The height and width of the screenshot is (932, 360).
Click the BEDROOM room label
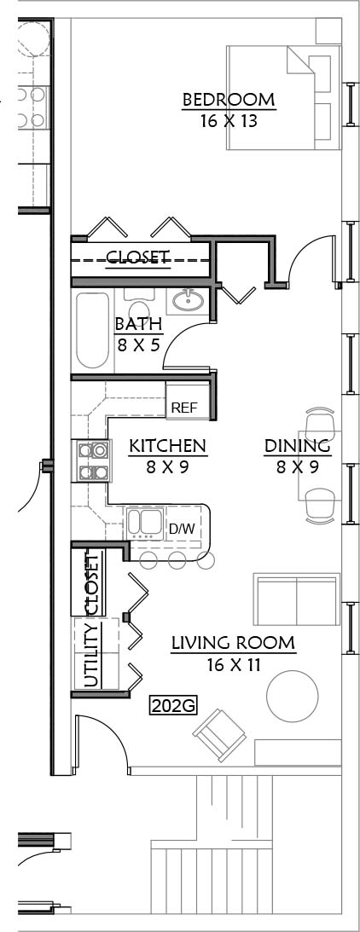pos(229,100)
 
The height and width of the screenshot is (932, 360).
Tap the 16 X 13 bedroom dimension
pos(229,121)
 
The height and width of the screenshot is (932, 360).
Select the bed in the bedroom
pos(284,98)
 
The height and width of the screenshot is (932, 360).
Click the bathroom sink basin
pos(189,300)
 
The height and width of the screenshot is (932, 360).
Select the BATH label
pos(139,324)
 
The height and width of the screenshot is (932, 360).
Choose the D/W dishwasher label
pos(182,529)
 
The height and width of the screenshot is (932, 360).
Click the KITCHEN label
pos(168,445)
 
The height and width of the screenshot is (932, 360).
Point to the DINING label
pos(298,445)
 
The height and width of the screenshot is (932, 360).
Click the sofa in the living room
pos(296,599)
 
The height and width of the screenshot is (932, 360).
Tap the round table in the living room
pos(292,696)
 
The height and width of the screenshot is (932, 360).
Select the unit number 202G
pos(173,706)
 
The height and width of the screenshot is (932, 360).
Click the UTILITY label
pos(91,657)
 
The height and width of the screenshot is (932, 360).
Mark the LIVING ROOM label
pos(233,643)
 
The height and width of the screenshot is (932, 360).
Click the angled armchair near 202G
pos(219,735)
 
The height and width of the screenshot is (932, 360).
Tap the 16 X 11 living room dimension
pos(234,664)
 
